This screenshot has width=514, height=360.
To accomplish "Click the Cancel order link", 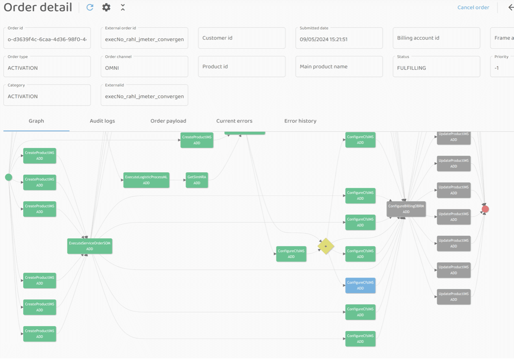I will pos(473,7).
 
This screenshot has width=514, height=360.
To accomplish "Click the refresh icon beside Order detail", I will pos(90,7).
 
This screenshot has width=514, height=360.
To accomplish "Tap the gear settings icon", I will pos(106,7).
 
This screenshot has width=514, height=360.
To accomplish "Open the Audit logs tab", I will pos(102,121).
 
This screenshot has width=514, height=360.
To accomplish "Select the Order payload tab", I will pos(168,121).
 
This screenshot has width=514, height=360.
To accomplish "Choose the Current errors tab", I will pos(234,121).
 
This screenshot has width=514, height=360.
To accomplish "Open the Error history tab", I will pos(300,121).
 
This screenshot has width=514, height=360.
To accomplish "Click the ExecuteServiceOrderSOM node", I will pos(90,246).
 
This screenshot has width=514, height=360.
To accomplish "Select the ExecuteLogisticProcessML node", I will pos(146,180).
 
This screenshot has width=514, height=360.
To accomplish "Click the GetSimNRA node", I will pos(197,180).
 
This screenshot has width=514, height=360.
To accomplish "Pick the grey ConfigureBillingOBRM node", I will pos(406,209).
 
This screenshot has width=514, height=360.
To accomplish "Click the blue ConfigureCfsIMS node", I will pos(360,285).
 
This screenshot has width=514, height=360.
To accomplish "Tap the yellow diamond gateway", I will pos(326,246).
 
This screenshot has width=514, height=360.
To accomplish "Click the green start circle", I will pos(9,177).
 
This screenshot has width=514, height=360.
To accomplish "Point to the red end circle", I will pos(485,209).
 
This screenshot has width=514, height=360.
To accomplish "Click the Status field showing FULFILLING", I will pos(436,67).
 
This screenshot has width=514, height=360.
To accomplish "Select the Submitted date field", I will pos(339,39).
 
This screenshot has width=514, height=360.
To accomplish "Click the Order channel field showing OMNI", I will pos(144,67).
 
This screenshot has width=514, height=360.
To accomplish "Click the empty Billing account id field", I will pos(436,38).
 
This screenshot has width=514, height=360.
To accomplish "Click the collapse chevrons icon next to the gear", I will pos(123,7).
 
